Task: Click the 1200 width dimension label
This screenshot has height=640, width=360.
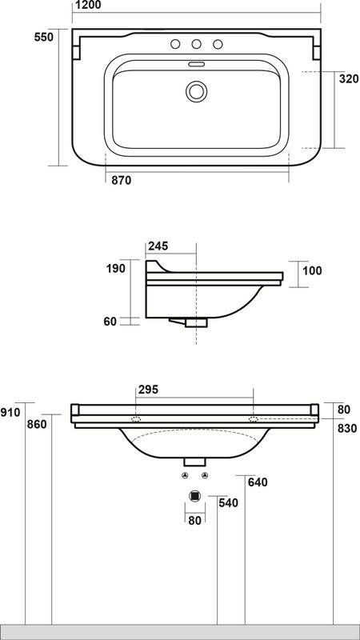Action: pos(88,5)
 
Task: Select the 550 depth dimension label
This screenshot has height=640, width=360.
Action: pos(44,37)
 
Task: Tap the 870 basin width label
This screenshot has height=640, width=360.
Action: pos(122,180)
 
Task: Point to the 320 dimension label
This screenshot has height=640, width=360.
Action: pos(349,78)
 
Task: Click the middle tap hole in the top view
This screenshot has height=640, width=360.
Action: pos(196,44)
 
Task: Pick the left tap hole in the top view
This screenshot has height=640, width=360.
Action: pos(175,44)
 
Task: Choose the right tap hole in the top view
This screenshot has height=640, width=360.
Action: pos(218,44)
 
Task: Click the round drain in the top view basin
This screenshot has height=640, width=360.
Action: pos(196,91)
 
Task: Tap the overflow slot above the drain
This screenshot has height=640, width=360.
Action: pos(196,64)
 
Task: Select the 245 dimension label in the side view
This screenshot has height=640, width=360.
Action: pos(158,246)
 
